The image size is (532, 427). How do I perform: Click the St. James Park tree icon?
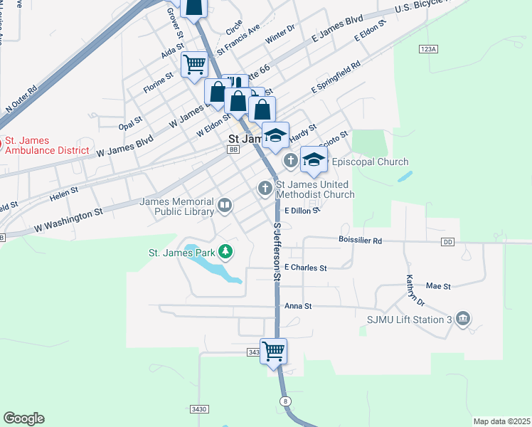coord(225,251)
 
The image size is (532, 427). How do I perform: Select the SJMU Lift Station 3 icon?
coord(463,317)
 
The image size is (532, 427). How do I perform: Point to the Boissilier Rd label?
coord(361,241)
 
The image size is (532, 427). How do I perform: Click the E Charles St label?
coord(305,268)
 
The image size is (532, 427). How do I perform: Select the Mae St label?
coord(438,286)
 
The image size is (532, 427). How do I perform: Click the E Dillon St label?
coord(302,211)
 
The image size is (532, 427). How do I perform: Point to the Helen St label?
coord(63,194)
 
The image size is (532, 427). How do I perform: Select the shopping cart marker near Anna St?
coord(274,351)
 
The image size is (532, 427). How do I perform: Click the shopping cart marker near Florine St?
coord(194,65)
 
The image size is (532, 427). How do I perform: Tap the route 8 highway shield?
coord(286,402)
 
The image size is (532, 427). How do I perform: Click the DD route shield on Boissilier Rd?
coord(447,243)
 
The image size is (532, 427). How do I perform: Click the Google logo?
coord(23,418)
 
